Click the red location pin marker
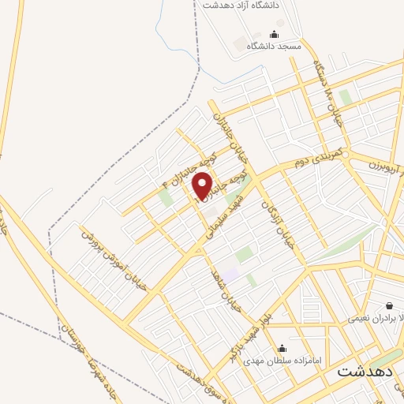click(203, 186)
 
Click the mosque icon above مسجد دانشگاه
click(274, 34)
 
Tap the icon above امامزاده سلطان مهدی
click(282, 348)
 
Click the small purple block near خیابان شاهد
click(231, 273)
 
